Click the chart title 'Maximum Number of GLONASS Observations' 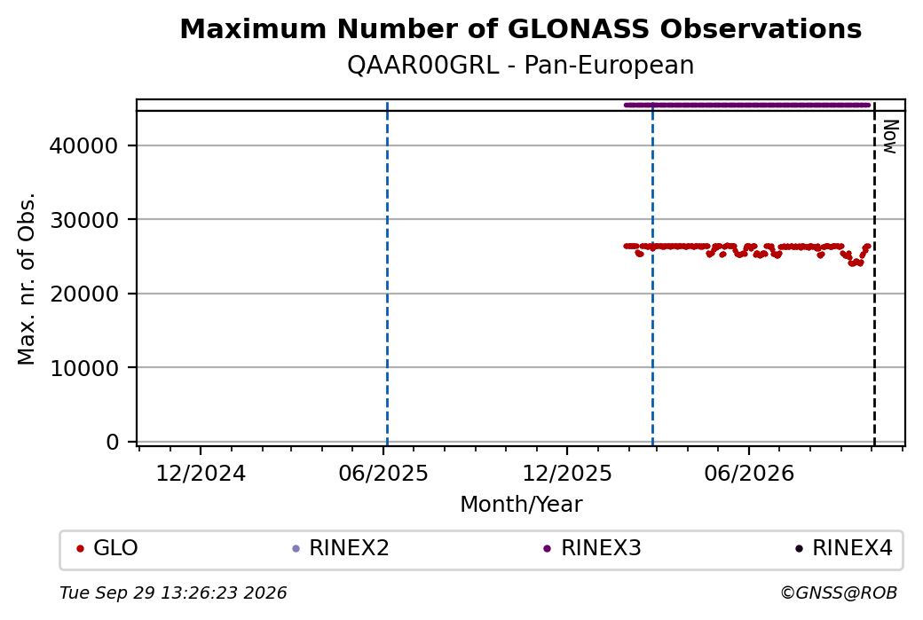[x=520, y=28]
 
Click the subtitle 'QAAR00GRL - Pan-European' [x=520, y=65]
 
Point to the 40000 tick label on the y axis [x=83, y=145]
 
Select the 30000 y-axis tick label [x=83, y=219]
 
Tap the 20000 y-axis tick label [x=83, y=294]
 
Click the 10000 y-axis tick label [x=83, y=367]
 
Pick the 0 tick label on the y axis [x=113, y=442]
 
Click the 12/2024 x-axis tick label [x=201, y=473]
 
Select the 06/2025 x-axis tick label [x=383, y=473]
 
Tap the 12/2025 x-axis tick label [x=567, y=473]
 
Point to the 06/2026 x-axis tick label [x=749, y=473]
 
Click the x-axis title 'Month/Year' [x=521, y=504]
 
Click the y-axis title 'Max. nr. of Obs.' [x=27, y=279]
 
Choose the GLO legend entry [x=107, y=548]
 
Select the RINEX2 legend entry [x=341, y=548]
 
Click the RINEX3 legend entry [x=592, y=548]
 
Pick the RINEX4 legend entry [x=843, y=548]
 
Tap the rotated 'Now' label [x=891, y=137]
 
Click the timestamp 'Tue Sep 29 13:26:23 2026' [x=173, y=593]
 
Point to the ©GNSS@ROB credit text [x=839, y=593]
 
